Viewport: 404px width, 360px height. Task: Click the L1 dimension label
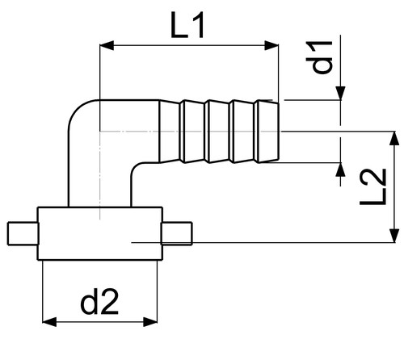[187, 26]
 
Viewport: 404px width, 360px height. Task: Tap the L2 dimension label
[373, 187]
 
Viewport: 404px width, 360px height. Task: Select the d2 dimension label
[99, 302]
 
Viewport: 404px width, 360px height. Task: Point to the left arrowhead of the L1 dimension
[107, 46]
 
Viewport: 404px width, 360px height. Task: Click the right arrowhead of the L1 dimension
[271, 46]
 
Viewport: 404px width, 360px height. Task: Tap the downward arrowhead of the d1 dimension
[341, 93]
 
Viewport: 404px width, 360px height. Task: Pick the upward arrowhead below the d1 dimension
[341, 170]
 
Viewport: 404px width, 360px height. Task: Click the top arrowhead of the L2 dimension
[394, 138]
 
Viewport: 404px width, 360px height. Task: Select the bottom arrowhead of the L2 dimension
[394, 236]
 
